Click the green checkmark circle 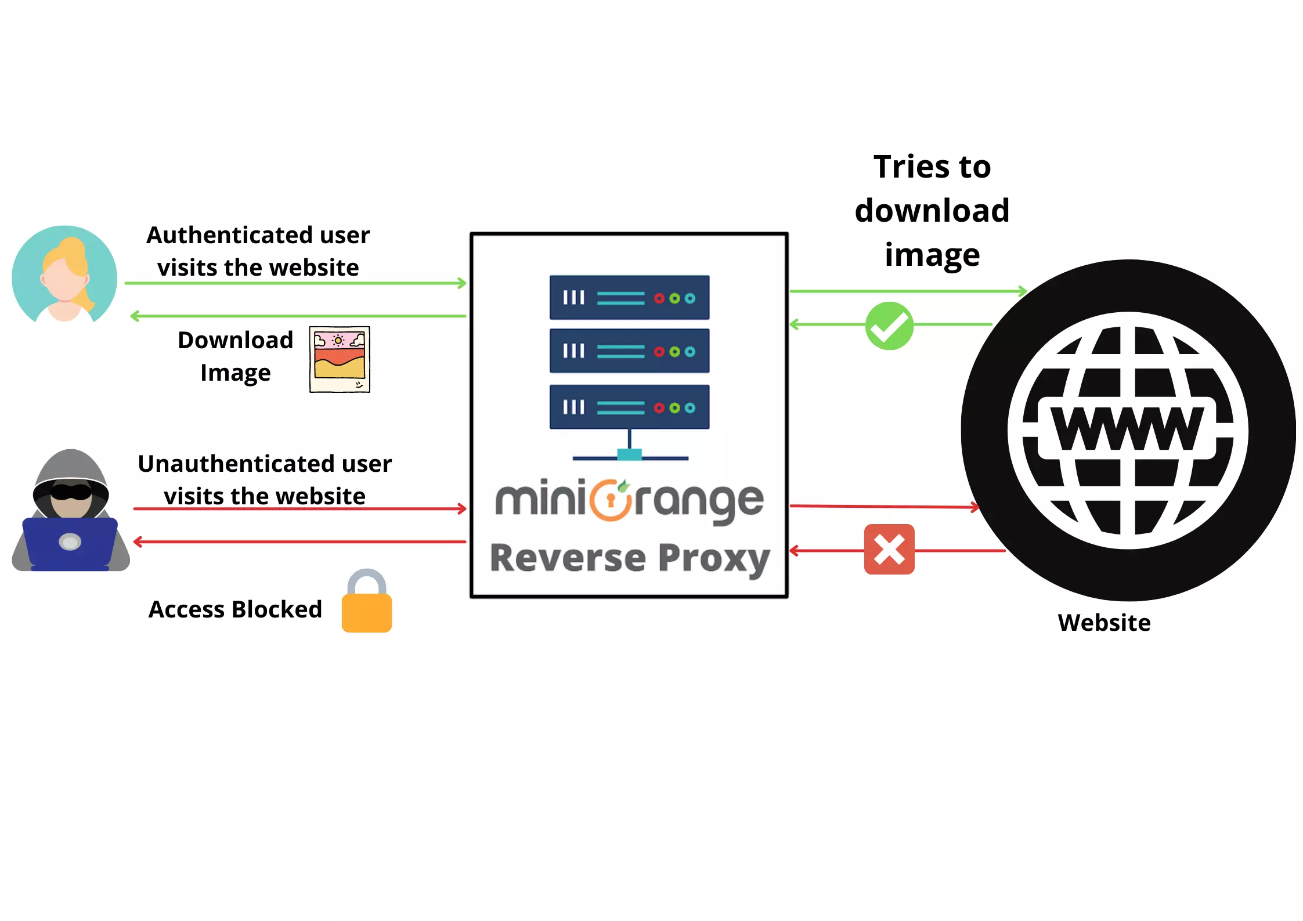pyautogui.click(x=889, y=326)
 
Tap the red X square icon pyautogui.click(x=889, y=549)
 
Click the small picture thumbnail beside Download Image pyautogui.click(x=340, y=359)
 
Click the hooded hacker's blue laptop pyautogui.click(x=70, y=542)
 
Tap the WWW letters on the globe pyautogui.click(x=1127, y=428)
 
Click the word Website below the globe pyautogui.click(x=1103, y=623)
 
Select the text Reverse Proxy pyautogui.click(x=629, y=558)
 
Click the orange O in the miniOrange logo pyautogui.click(x=610, y=500)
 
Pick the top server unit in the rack pyautogui.click(x=629, y=298)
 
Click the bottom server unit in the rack pyautogui.click(x=629, y=407)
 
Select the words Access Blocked pyautogui.click(x=235, y=609)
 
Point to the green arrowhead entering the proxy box pyautogui.click(x=462, y=283)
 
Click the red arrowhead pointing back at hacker pyautogui.click(x=138, y=542)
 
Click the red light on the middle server pyautogui.click(x=659, y=352)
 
